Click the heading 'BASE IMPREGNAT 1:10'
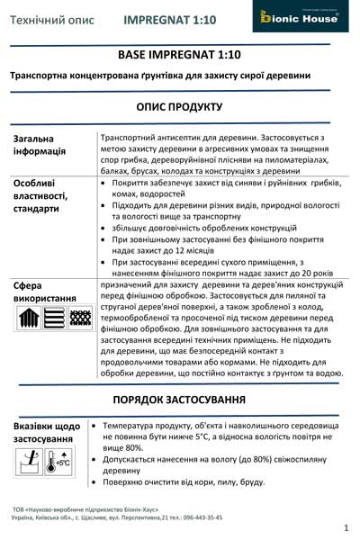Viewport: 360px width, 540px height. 180,56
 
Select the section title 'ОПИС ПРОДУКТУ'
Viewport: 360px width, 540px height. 180,106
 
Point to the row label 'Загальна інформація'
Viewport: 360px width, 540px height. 45,144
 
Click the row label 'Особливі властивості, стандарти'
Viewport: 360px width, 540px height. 46,194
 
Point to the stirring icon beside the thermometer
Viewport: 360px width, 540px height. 28,462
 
